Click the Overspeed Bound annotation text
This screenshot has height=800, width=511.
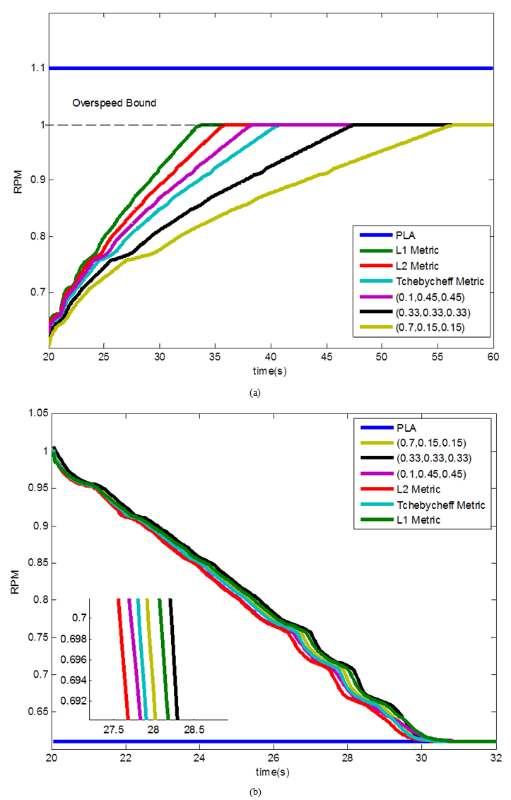click(114, 103)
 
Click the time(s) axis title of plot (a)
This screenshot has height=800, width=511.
click(271, 370)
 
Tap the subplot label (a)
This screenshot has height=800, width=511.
click(255, 393)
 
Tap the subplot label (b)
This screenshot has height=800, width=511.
click(255, 792)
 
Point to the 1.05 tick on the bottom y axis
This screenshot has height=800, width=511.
click(34, 413)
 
